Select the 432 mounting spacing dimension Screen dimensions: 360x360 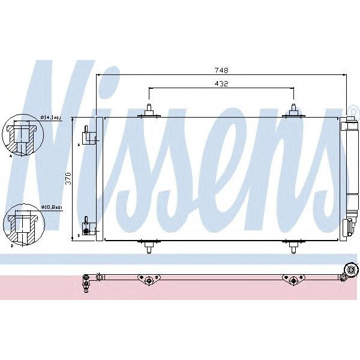tap(221, 85)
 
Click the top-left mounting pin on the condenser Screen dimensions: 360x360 tap(148, 110)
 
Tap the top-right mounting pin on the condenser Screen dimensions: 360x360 tap(293, 110)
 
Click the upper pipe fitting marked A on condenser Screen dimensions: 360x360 tap(88, 135)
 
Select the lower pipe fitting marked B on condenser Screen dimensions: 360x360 tap(88, 227)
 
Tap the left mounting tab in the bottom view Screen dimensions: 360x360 tap(148, 280)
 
